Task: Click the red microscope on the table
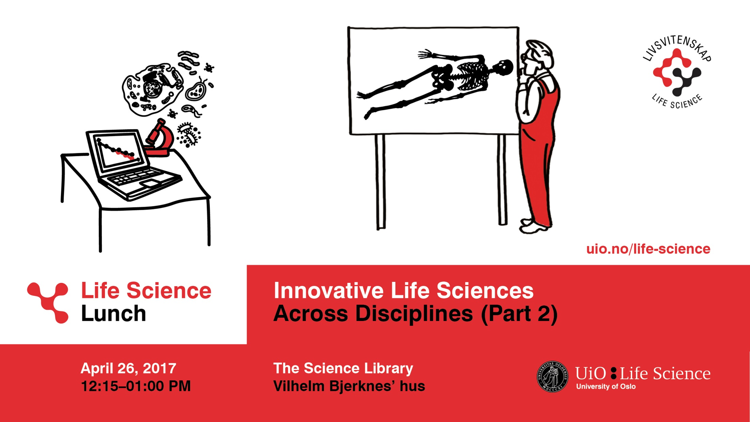159,139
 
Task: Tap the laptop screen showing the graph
117,150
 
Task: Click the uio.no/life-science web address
648,249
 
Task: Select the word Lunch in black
113,313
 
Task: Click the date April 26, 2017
128,368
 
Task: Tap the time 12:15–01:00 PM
136,386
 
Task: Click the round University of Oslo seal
552,376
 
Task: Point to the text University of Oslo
606,386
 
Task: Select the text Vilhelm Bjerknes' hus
349,386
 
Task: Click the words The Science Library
343,368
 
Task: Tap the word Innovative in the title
329,291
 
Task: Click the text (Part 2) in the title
519,314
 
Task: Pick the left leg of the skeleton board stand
380,182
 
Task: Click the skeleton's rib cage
471,74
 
